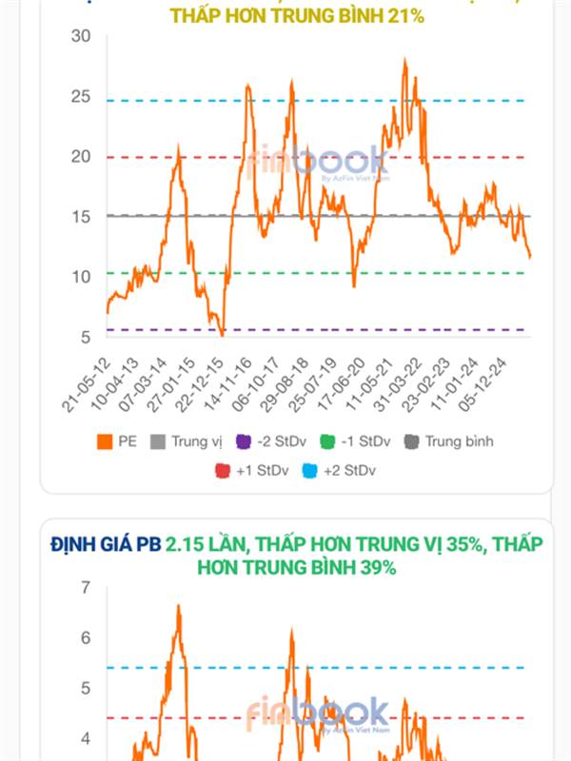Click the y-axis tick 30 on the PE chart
pyautogui.click(x=79, y=36)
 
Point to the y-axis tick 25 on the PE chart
pyautogui.click(x=79, y=97)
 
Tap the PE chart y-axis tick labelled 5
pyautogui.click(x=84, y=337)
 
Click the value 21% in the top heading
pyautogui.click(x=404, y=15)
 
